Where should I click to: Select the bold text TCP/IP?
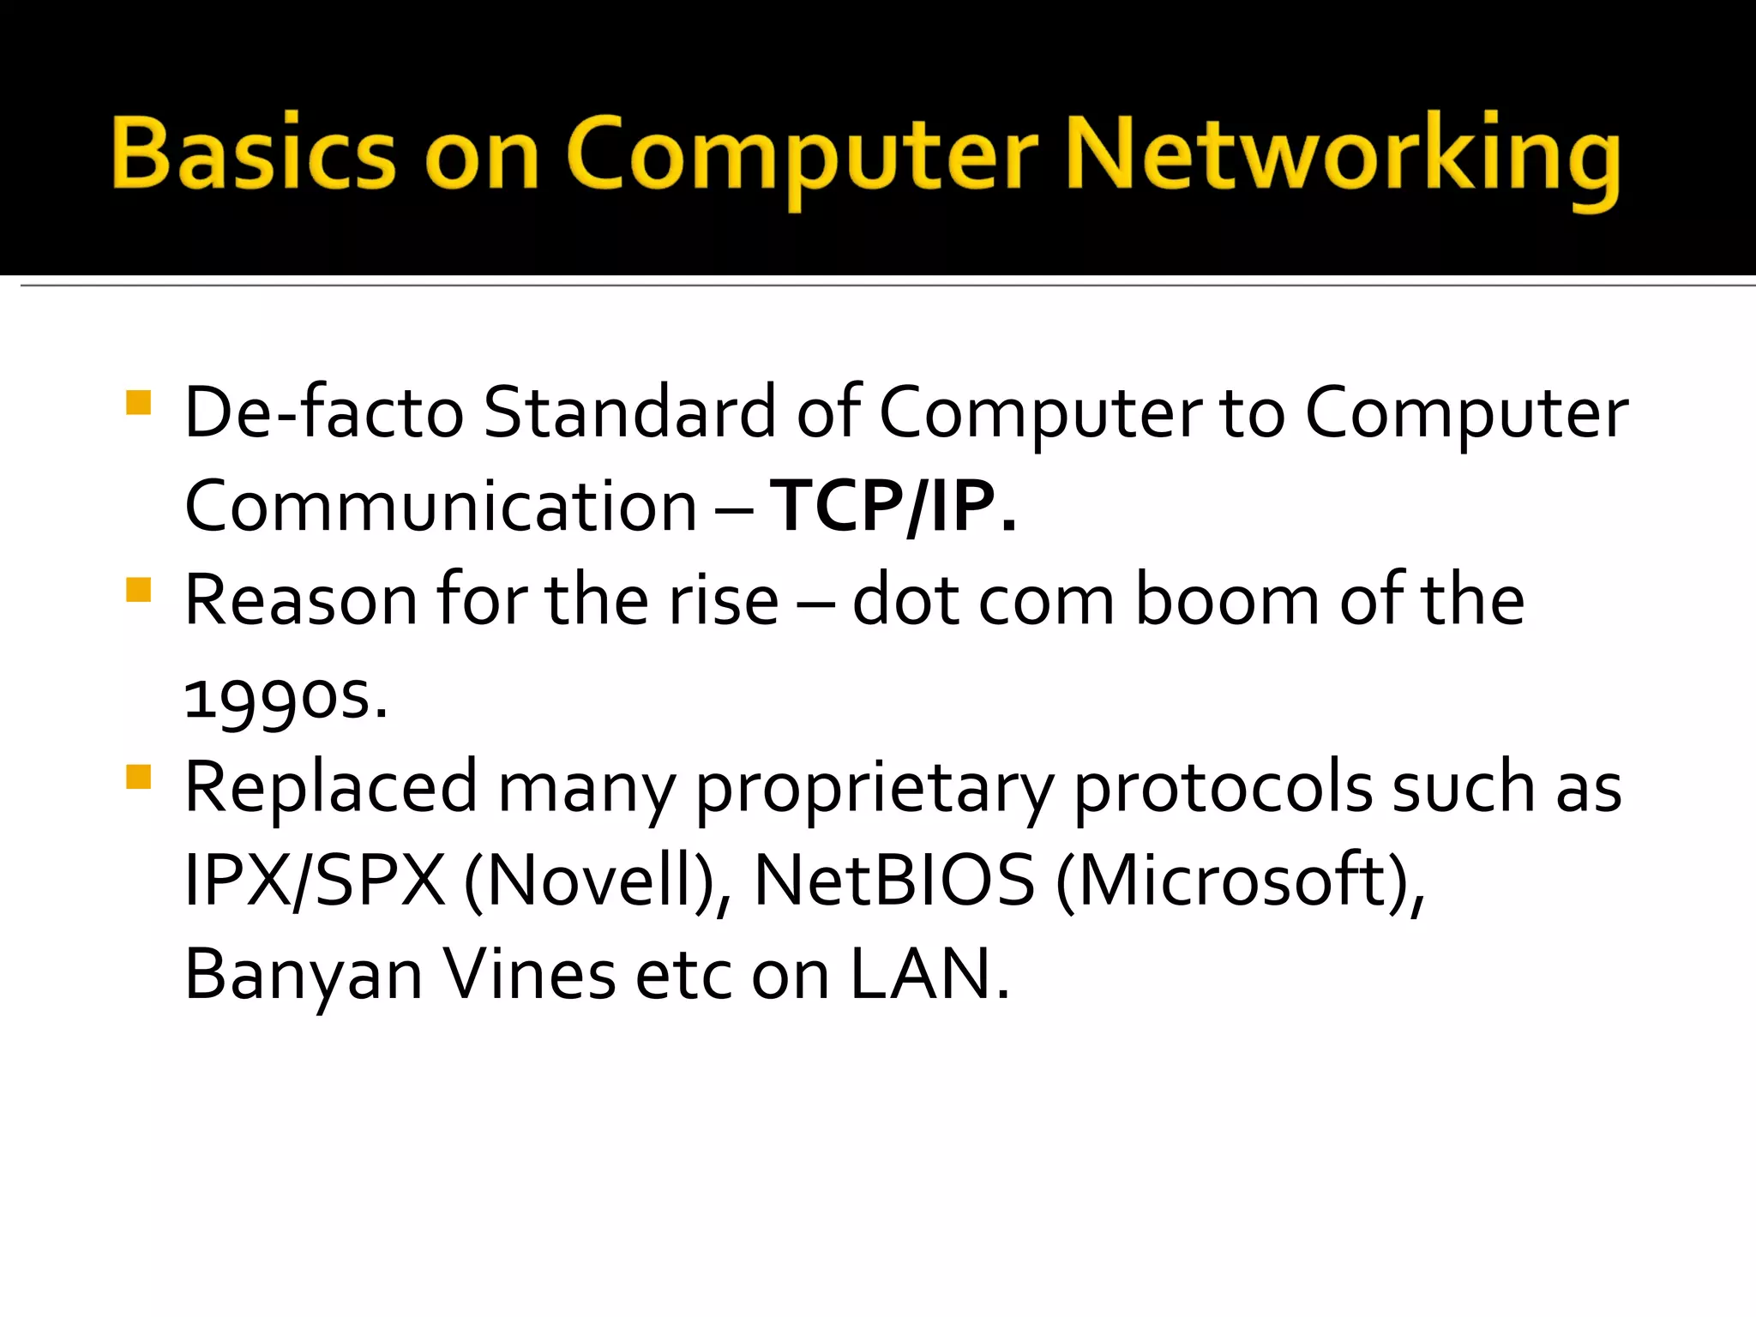pos(893,506)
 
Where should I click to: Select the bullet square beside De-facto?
pos(138,403)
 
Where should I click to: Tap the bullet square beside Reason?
pos(138,590)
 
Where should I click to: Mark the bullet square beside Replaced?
pos(138,777)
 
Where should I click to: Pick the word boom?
pos(1227,600)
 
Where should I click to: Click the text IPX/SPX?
pos(315,881)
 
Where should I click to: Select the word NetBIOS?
pos(893,881)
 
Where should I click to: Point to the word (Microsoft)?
pos(1240,881)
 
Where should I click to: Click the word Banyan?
pos(304,976)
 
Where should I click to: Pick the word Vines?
pos(529,974)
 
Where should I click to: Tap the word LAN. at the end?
pos(929,974)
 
